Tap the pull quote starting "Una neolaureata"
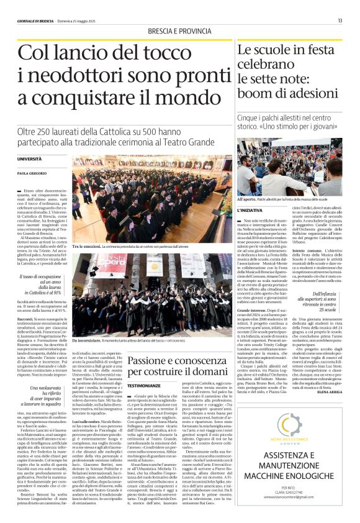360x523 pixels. pyautogui.click(x=41, y=380)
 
